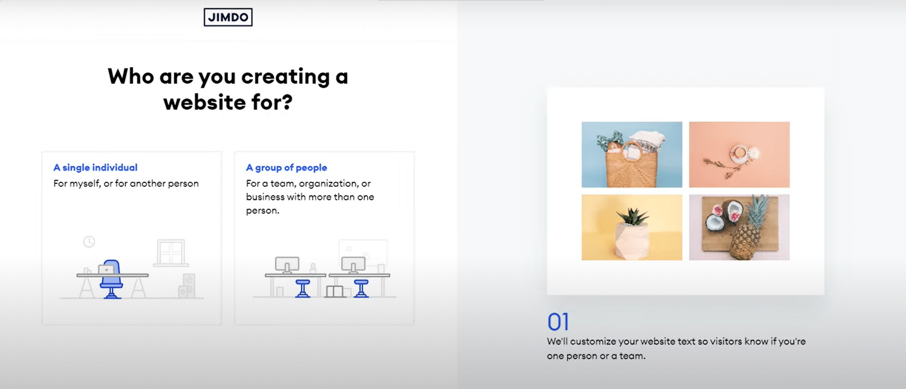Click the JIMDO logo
tap(228, 17)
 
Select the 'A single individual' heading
tap(95, 168)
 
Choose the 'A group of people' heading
tap(286, 168)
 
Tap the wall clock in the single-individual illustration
tap(89, 241)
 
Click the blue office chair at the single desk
tap(112, 279)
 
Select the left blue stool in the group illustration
tap(303, 288)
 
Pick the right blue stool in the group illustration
tap(361, 288)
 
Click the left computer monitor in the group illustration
tap(287, 265)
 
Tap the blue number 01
tap(558, 322)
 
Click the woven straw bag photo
tap(632, 155)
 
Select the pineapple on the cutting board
tap(747, 230)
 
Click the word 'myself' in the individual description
tap(85, 184)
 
